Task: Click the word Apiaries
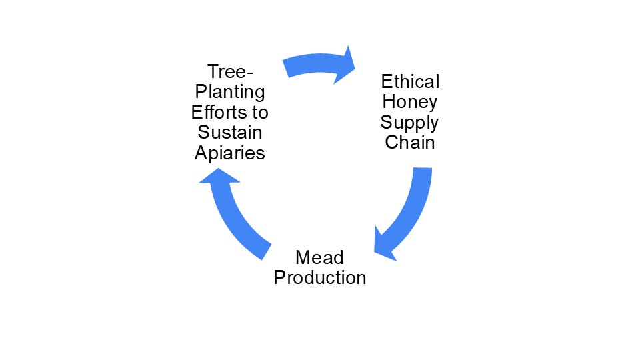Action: (230, 153)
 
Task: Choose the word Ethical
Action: (410, 82)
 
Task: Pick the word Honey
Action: (410, 102)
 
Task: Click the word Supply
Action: (410, 123)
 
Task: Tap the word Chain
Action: (410, 143)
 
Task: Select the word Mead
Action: (320, 257)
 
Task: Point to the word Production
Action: (320, 277)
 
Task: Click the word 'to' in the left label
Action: (261, 111)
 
